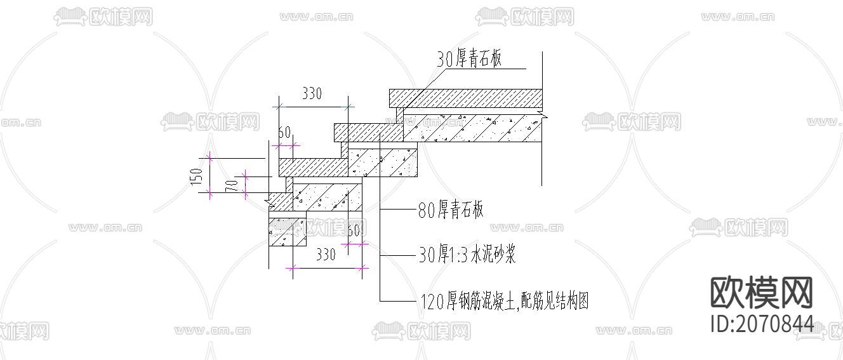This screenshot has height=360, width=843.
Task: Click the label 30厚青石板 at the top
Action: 469,60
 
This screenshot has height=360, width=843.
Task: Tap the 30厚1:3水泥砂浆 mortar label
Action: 467,255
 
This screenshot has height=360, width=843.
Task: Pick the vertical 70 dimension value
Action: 232,187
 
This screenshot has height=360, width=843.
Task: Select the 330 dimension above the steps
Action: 311,94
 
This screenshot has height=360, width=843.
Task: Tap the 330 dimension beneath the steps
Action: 325,255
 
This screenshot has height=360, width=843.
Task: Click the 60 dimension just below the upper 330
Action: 284,132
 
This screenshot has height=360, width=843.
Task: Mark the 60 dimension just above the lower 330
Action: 354,230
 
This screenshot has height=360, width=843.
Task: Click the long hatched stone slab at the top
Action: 465,98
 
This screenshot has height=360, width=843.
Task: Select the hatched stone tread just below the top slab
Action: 368,132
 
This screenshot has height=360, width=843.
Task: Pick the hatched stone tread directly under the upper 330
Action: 313,167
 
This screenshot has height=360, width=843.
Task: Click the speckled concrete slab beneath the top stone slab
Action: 473,128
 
